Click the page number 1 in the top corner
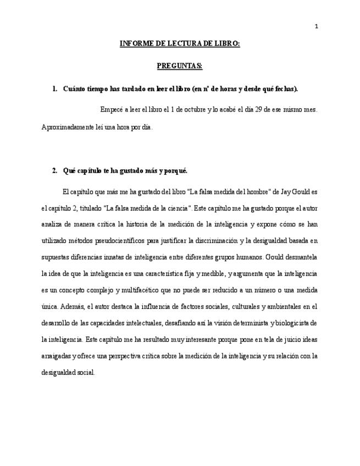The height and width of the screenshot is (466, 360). coord(316,26)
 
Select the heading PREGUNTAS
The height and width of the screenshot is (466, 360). coord(180,66)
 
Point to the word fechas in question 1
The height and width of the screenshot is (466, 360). coord(284,88)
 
